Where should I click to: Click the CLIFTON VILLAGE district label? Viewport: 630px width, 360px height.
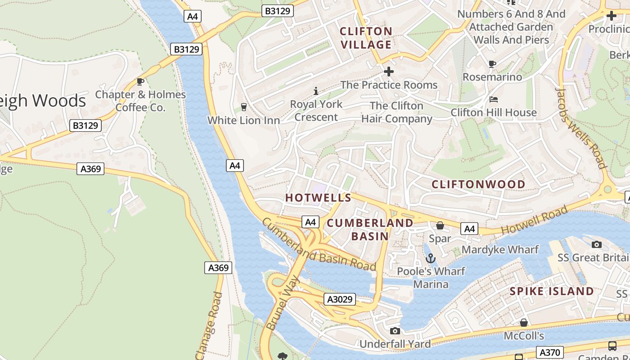[366, 38]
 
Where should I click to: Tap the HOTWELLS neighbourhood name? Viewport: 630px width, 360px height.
[318, 198]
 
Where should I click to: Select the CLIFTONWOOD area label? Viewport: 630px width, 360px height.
[478, 184]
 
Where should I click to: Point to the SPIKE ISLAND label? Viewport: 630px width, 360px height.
[552, 291]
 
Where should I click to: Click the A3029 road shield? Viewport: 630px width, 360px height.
[340, 299]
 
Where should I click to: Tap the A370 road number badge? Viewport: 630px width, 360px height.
[550, 352]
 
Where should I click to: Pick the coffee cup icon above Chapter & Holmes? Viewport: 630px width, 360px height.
[140, 81]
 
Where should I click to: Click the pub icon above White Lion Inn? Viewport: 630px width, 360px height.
[243, 107]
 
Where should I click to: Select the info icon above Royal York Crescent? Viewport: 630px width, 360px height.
[316, 91]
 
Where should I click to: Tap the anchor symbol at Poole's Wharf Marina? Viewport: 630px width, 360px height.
[431, 258]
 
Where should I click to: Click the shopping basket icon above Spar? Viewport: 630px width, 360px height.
[440, 225]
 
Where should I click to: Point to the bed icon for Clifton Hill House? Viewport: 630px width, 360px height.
[494, 99]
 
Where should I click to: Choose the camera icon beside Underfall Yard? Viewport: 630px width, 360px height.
[395, 331]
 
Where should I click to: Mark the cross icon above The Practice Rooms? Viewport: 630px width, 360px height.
[389, 72]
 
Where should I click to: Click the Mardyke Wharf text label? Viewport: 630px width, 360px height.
[500, 249]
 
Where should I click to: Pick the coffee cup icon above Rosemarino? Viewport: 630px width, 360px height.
[492, 64]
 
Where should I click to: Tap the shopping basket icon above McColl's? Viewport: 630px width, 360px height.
[524, 323]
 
